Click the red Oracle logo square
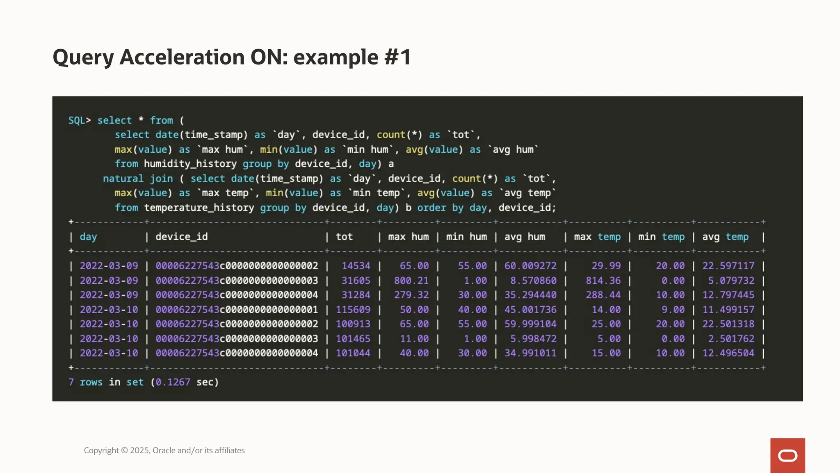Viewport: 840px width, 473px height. pos(787,455)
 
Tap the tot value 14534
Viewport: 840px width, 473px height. pos(356,266)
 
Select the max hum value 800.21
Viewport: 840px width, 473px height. pos(411,281)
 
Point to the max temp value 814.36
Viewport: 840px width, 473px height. pos(603,281)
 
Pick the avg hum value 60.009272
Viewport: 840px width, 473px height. pos(530,266)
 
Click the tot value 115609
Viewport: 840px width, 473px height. pos(353,310)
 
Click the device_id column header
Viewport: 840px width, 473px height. pos(181,237)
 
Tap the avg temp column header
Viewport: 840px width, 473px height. pos(725,237)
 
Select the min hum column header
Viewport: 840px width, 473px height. pos(466,237)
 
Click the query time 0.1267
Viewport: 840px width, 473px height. pos(173,382)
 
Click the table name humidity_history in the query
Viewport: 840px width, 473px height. pos(190,164)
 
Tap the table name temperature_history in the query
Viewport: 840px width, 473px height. pos(199,208)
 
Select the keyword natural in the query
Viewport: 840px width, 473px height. pos(123,179)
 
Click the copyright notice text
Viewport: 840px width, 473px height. pos(164,450)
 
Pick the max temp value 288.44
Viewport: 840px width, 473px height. pos(603,295)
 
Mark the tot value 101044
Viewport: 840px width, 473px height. pos(353,354)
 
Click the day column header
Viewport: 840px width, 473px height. pos(88,237)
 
